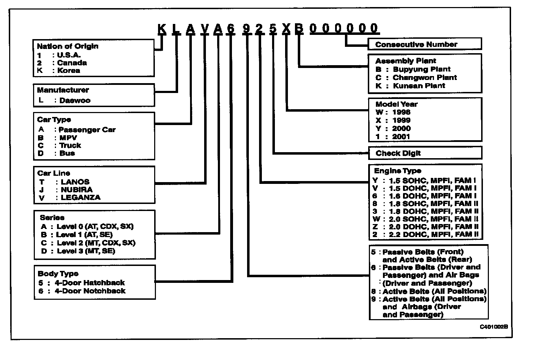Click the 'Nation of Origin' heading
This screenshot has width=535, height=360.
68,46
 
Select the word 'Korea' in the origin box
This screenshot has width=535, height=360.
69,70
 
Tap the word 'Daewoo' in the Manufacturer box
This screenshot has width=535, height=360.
75,100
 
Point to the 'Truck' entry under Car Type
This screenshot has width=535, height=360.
70,145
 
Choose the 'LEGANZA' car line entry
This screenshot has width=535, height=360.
81,198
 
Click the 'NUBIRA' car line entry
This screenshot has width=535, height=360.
77,190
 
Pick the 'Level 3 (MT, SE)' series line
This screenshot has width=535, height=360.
86,251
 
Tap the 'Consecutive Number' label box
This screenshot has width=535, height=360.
416,44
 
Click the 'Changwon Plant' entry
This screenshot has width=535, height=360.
424,77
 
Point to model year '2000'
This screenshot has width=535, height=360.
401,129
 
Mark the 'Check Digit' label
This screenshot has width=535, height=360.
398,153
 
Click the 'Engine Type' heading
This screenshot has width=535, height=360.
397,171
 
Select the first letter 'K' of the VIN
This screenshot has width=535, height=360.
162,29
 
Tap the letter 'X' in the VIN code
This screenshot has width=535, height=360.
286,29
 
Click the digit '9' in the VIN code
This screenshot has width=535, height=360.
246,29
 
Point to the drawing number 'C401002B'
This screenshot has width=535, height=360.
494,327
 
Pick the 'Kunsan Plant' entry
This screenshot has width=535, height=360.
419,86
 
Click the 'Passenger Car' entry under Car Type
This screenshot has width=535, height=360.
87,130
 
